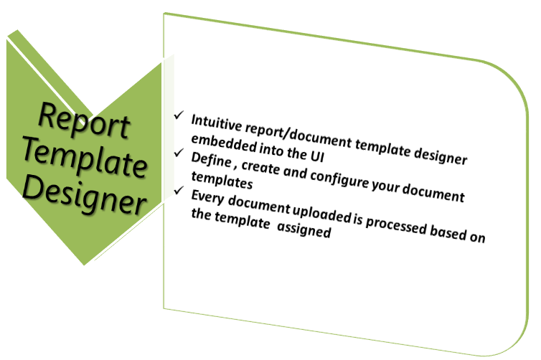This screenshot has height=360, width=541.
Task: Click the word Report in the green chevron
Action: click(84, 121)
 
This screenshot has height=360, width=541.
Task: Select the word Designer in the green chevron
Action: click(84, 194)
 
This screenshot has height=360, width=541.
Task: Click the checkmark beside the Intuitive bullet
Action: click(179, 115)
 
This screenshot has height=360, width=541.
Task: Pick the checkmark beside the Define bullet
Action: click(179, 153)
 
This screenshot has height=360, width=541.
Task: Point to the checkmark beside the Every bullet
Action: click(179, 190)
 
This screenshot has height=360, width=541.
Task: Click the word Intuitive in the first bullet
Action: click(217, 123)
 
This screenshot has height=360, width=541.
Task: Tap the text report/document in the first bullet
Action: click(298, 136)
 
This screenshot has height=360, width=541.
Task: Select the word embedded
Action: click(224, 144)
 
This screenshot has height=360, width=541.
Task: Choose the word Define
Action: click(211, 160)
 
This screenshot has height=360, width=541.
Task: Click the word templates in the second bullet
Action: click(222, 181)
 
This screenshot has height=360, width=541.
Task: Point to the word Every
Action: click(207, 198)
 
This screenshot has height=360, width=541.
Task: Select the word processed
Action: click(396, 224)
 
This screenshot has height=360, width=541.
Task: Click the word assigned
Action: click(304, 229)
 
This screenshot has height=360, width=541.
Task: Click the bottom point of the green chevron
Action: click(84, 265)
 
